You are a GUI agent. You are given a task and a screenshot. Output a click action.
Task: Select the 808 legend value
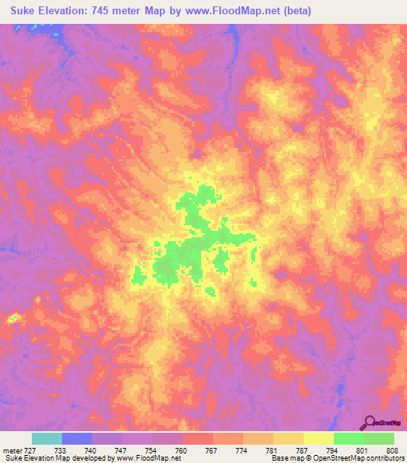pyautogui.click(x=393, y=450)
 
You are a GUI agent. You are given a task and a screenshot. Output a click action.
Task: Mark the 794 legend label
pyautogui.click(x=333, y=450)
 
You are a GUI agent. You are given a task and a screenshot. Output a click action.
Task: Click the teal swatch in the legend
pyautogui.click(x=47, y=438)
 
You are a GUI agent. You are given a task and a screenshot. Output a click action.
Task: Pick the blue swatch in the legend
pyautogui.click(x=77, y=438)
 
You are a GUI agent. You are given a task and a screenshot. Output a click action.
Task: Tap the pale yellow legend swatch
pyautogui.click(x=318, y=438)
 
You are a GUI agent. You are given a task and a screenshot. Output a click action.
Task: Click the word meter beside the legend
pyautogui.click(x=13, y=450)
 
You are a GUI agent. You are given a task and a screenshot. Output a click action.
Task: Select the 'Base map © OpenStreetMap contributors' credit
pyautogui.click(x=337, y=459)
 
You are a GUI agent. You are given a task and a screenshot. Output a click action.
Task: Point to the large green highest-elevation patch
pyautogui.click(x=183, y=255)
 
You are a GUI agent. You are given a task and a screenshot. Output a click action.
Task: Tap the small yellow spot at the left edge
pyautogui.click(x=12, y=318)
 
